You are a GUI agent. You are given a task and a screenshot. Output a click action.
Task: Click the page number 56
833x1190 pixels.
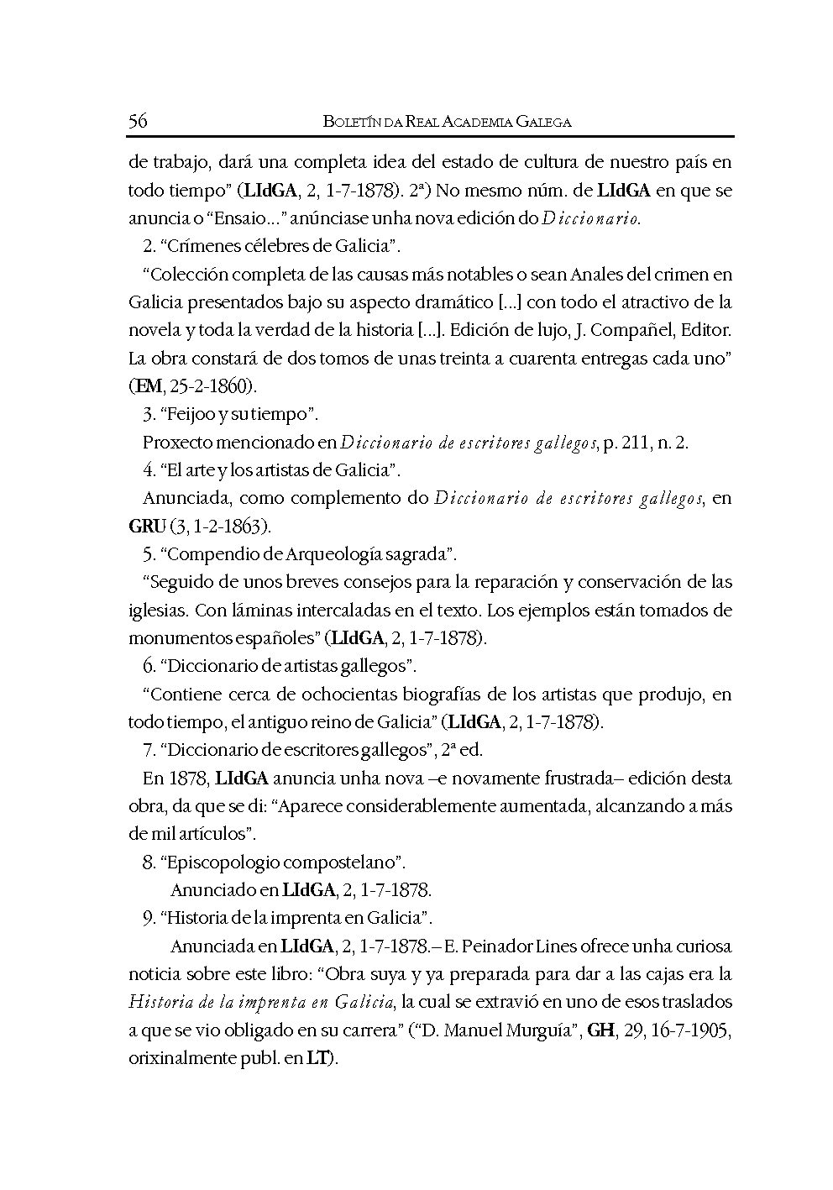[139, 122]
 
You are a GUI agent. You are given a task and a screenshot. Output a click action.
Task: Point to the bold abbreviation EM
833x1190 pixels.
[145, 387]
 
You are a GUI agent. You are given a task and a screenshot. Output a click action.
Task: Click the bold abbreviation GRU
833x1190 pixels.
[146, 527]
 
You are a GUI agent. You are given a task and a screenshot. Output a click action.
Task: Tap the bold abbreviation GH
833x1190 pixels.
[601, 1030]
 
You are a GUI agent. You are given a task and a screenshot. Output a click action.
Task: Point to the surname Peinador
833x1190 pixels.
[499, 946]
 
